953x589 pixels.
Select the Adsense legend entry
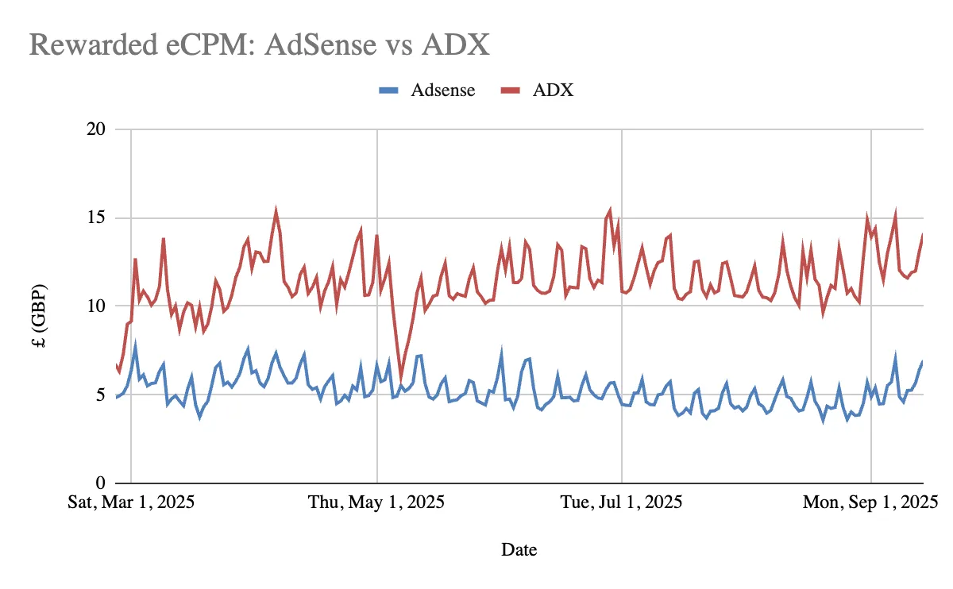point(442,90)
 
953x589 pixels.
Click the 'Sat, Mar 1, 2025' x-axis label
point(132,503)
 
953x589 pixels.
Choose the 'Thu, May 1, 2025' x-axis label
point(376,503)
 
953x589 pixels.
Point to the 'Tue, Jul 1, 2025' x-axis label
point(621,503)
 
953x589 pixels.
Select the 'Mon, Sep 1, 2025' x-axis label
point(870,503)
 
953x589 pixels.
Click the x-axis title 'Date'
point(519,549)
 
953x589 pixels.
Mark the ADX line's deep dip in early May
point(401,379)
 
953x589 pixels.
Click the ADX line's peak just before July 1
point(610,210)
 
